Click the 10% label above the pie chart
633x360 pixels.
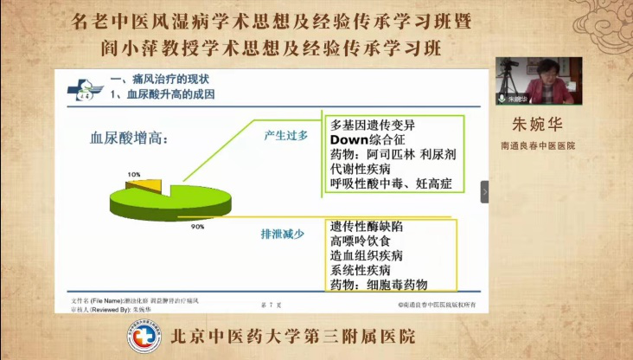point(134,174)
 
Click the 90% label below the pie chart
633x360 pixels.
point(197,227)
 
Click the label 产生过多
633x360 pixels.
point(285,136)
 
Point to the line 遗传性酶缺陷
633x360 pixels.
point(367,227)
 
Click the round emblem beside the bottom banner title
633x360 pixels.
point(144,338)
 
